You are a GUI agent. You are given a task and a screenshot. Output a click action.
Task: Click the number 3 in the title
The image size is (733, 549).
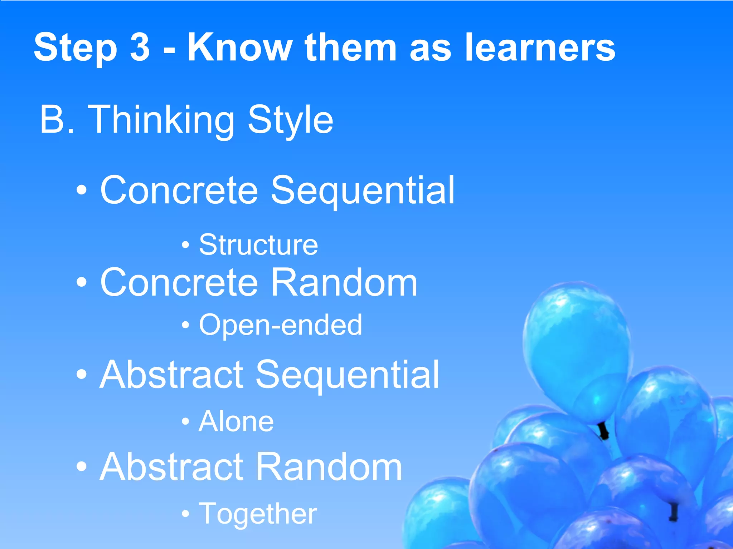[140, 48]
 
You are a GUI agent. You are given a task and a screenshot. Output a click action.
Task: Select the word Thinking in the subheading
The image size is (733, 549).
[161, 120]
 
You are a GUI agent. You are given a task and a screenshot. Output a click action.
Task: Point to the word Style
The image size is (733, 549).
[290, 120]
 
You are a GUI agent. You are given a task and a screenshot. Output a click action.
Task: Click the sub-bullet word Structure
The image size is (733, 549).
[258, 245]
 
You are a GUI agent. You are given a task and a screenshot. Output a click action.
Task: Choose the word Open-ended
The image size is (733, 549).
[280, 325]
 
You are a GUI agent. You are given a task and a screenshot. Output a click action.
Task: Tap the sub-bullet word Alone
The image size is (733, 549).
[236, 421]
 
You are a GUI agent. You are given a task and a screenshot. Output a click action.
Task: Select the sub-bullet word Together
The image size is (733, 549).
[258, 514]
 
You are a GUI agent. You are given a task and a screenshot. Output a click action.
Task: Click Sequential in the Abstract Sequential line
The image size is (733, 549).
[347, 375]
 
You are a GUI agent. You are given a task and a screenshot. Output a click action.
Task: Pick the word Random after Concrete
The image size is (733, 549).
[344, 282]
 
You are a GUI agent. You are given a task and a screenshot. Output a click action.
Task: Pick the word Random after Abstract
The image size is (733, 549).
[329, 467]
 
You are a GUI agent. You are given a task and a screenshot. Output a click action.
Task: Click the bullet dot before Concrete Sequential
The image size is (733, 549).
[82, 191]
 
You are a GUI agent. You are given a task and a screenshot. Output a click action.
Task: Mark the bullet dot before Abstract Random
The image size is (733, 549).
[82, 467]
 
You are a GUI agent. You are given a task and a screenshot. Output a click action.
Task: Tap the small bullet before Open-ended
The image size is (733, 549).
[185, 325]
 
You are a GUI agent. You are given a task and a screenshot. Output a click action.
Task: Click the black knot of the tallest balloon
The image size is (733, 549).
[603, 431]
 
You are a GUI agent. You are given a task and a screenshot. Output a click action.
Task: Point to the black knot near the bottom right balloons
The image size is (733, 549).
[674, 512]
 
